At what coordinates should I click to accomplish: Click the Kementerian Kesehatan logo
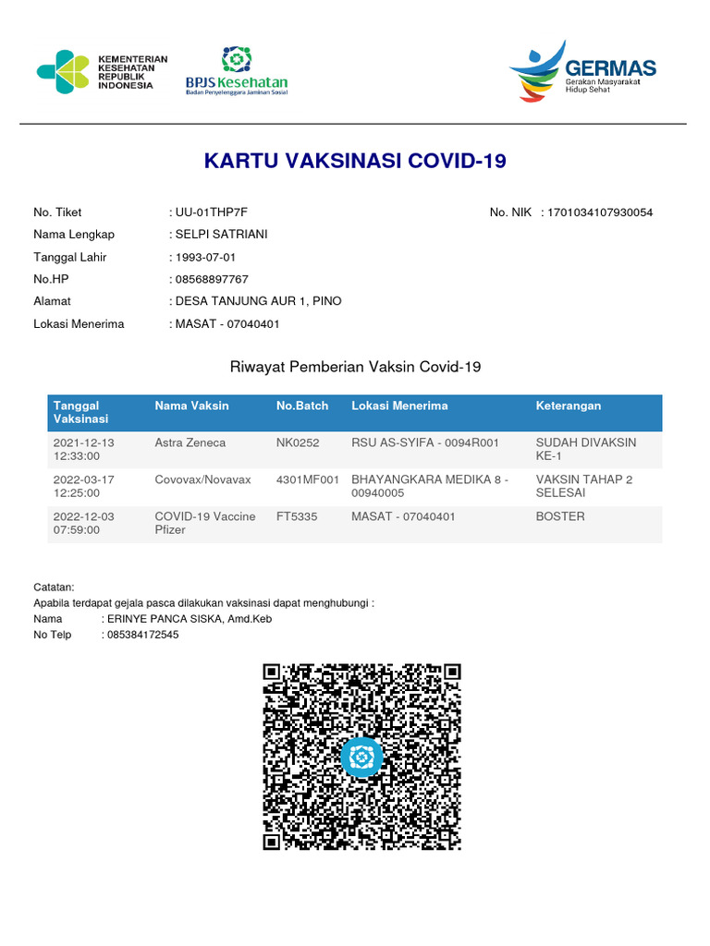click(x=102, y=71)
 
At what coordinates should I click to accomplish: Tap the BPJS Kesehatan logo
click(x=237, y=71)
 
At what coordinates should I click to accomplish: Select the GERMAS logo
click(x=582, y=71)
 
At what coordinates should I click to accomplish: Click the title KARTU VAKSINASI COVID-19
click(x=355, y=162)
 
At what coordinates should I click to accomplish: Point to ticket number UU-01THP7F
click(x=212, y=212)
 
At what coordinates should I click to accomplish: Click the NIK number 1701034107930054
click(x=600, y=212)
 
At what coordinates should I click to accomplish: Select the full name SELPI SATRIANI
click(x=221, y=235)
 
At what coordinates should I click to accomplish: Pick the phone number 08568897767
click(x=212, y=279)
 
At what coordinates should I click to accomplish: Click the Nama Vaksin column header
click(x=191, y=406)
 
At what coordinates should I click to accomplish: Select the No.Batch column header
click(x=302, y=406)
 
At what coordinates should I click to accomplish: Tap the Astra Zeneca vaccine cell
click(x=190, y=443)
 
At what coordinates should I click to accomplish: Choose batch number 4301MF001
click(x=308, y=479)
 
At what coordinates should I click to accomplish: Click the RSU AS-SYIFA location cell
click(x=425, y=443)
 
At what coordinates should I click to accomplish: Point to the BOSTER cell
click(x=560, y=516)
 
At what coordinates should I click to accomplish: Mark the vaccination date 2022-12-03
click(x=84, y=516)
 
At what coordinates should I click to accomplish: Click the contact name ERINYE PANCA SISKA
click(x=189, y=619)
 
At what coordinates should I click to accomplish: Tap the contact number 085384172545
click(x=142, y=635)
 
